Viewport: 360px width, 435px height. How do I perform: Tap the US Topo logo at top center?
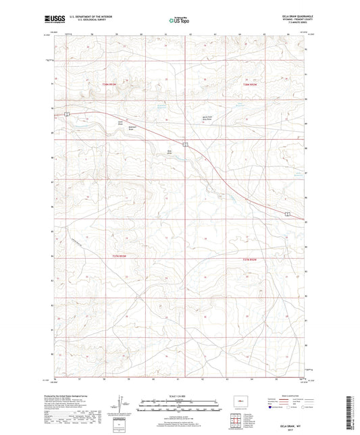coord(178,21)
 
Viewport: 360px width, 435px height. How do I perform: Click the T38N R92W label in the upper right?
coord(251,84)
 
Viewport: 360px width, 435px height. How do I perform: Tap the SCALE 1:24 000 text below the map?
coord(179,396)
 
